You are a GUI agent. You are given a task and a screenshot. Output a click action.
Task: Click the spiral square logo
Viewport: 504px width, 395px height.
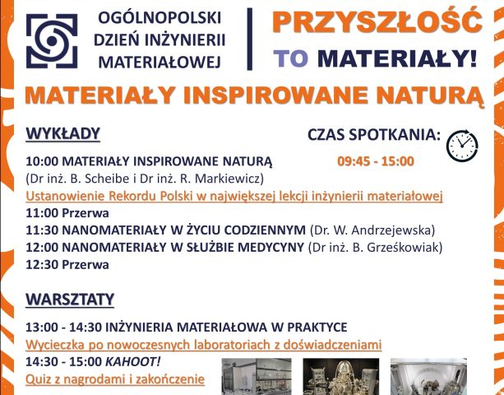tap(52, 41)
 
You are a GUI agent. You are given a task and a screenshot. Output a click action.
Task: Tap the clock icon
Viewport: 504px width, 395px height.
tap(462, 146)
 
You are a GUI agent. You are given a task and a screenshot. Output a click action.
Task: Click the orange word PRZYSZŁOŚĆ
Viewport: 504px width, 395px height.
tap(377, 21)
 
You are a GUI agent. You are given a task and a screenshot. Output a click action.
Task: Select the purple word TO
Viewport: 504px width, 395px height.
tap(290, 58)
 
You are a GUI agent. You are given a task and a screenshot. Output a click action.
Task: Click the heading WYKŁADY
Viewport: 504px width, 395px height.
tap(63, 133)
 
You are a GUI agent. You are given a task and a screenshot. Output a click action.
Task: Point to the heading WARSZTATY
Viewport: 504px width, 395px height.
tap(70, 300)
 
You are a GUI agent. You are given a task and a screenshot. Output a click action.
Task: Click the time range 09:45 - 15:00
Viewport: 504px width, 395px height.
tap(376, 161)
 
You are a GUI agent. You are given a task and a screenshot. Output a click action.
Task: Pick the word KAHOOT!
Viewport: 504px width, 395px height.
tap(132, 362)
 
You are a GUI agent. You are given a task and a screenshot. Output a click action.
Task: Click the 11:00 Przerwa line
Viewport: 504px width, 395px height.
tap(67, 213)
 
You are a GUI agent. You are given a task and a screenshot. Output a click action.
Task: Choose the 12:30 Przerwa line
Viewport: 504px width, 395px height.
tap(67, 265)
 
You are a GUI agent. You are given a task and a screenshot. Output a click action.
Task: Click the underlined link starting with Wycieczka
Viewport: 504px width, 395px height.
tap(203, 345)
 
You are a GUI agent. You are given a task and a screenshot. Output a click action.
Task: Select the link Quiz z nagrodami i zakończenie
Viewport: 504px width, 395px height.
tap(115, 379)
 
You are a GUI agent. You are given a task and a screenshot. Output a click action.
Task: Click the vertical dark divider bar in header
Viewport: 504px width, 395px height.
tap(249, 39)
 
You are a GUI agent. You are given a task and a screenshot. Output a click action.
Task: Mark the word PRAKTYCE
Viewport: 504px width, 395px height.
tap(317, 328)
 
